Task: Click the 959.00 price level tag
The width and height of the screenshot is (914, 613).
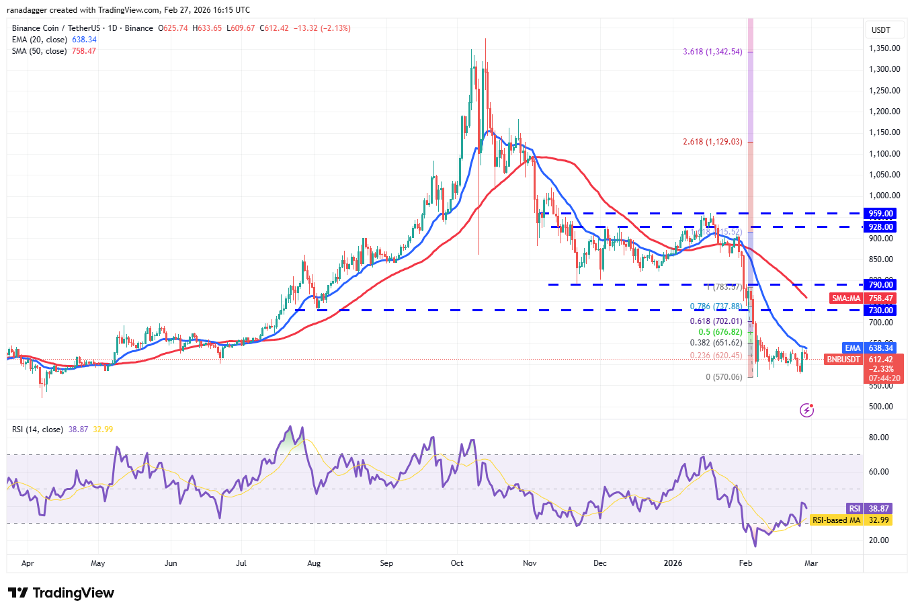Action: pyautogui.click(x=880, y=214)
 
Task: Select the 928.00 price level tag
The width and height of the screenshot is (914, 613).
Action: pyautogui.click(x=880, y=227)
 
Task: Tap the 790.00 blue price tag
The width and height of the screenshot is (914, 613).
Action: pyautogui.click(x=880, y=285)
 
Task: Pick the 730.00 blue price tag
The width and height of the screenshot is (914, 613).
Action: pyautogui.click(x=880, y=310)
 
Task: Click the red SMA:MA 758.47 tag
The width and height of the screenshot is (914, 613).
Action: pyautogui.click(x=862, y=298)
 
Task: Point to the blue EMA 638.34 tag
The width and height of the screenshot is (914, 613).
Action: pyautogui.click(x=870, y=348)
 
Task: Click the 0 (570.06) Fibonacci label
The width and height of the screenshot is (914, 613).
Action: pyautogui.click(x=724, y=377)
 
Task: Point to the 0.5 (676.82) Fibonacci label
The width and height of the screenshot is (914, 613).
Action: pyautogui.click(x=720, y=332)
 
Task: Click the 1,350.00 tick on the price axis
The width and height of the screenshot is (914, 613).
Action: pyautogui.click(x=884, y=48)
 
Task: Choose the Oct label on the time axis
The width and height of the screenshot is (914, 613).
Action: pyautogui.click(x=457, y=563)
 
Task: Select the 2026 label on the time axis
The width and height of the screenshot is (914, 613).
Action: pyautogui.click(x=673, y=563)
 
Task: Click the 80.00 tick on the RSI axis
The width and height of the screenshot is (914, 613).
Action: pyautogui.click(x=878, y=438)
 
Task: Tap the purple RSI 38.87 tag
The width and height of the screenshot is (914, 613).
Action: pyautogui.click(x=870, y=509)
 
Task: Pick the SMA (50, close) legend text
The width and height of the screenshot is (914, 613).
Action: pyautogui.click(x=39, y=51)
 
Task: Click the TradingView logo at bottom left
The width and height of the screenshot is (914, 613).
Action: pyautogui.click(x=61, y=593)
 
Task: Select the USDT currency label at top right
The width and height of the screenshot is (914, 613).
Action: pyautogui.click(x=880, y=30)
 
